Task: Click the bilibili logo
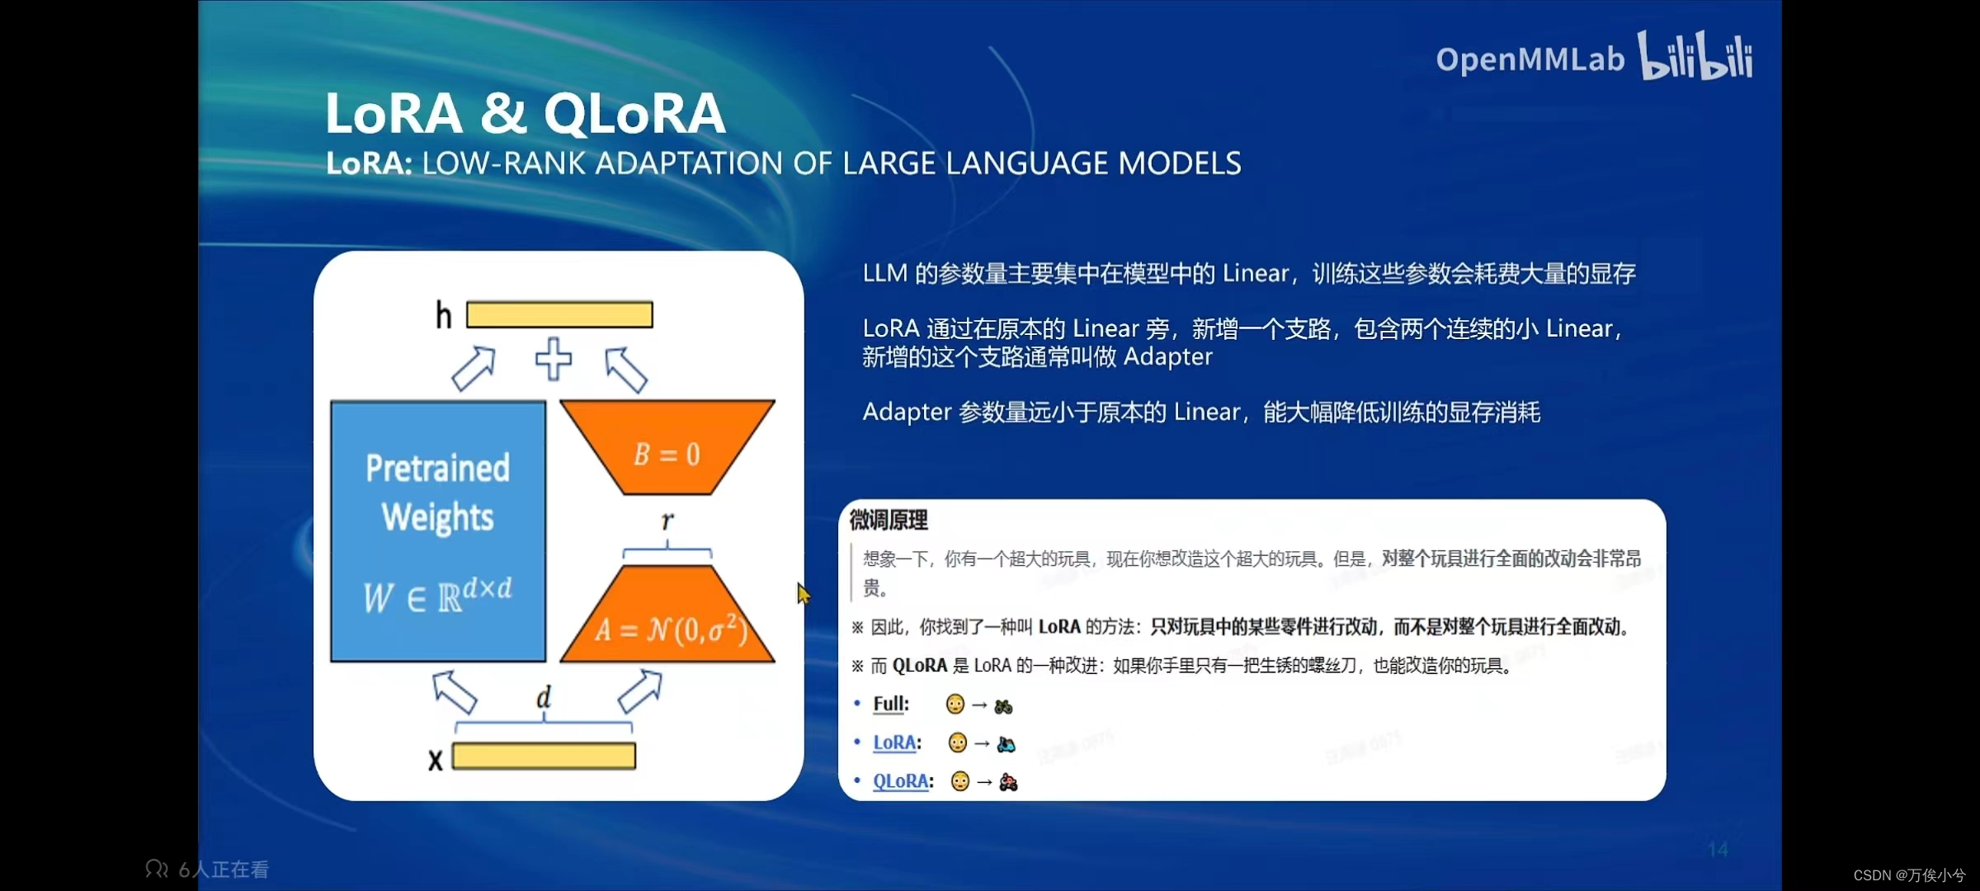pos(1695,56)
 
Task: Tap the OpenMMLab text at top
pos(1530,59)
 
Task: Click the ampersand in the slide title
pos(502,113)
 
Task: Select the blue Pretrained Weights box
pos(438,530)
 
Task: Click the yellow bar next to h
pos(559,314)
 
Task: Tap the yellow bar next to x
pos(544,756)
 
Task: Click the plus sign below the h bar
pos(553,359)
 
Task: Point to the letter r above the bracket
pos(667,521)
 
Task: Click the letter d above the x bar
pos(543,697)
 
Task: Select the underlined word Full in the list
pos(890,704)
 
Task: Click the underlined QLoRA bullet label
pos(901,780)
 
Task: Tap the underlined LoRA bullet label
pos(894,742)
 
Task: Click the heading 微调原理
pos(889,520)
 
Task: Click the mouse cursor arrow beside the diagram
pos(803,592)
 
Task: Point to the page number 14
pos(1718,849)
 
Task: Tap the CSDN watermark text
pos(1908,875)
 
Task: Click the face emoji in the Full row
pos(955,705)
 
